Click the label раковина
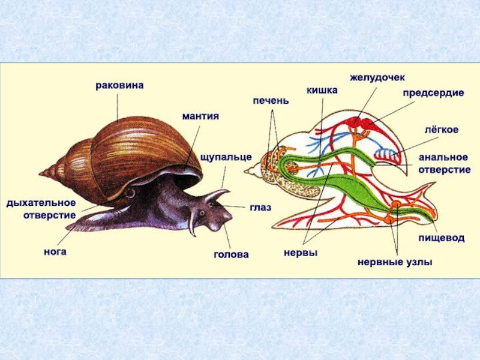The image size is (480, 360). click(x=119, y=85)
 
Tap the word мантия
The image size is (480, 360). click(x=200, y=115)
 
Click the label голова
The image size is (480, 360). click(x=231, y=254)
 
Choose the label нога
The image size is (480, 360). click(x=55, y=251)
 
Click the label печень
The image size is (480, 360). click(x=271, y=100)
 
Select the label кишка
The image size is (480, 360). click(x=322, y=90)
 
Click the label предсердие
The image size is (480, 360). click(x=433, y=94)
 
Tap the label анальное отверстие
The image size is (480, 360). click(x=443, y=163)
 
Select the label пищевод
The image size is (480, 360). click(x=441, y=238)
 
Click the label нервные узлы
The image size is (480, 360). click(x=395, y=262)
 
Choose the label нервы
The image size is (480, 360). click(x=300, y=253)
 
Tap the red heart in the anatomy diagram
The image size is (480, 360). click(x=361, y=124)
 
